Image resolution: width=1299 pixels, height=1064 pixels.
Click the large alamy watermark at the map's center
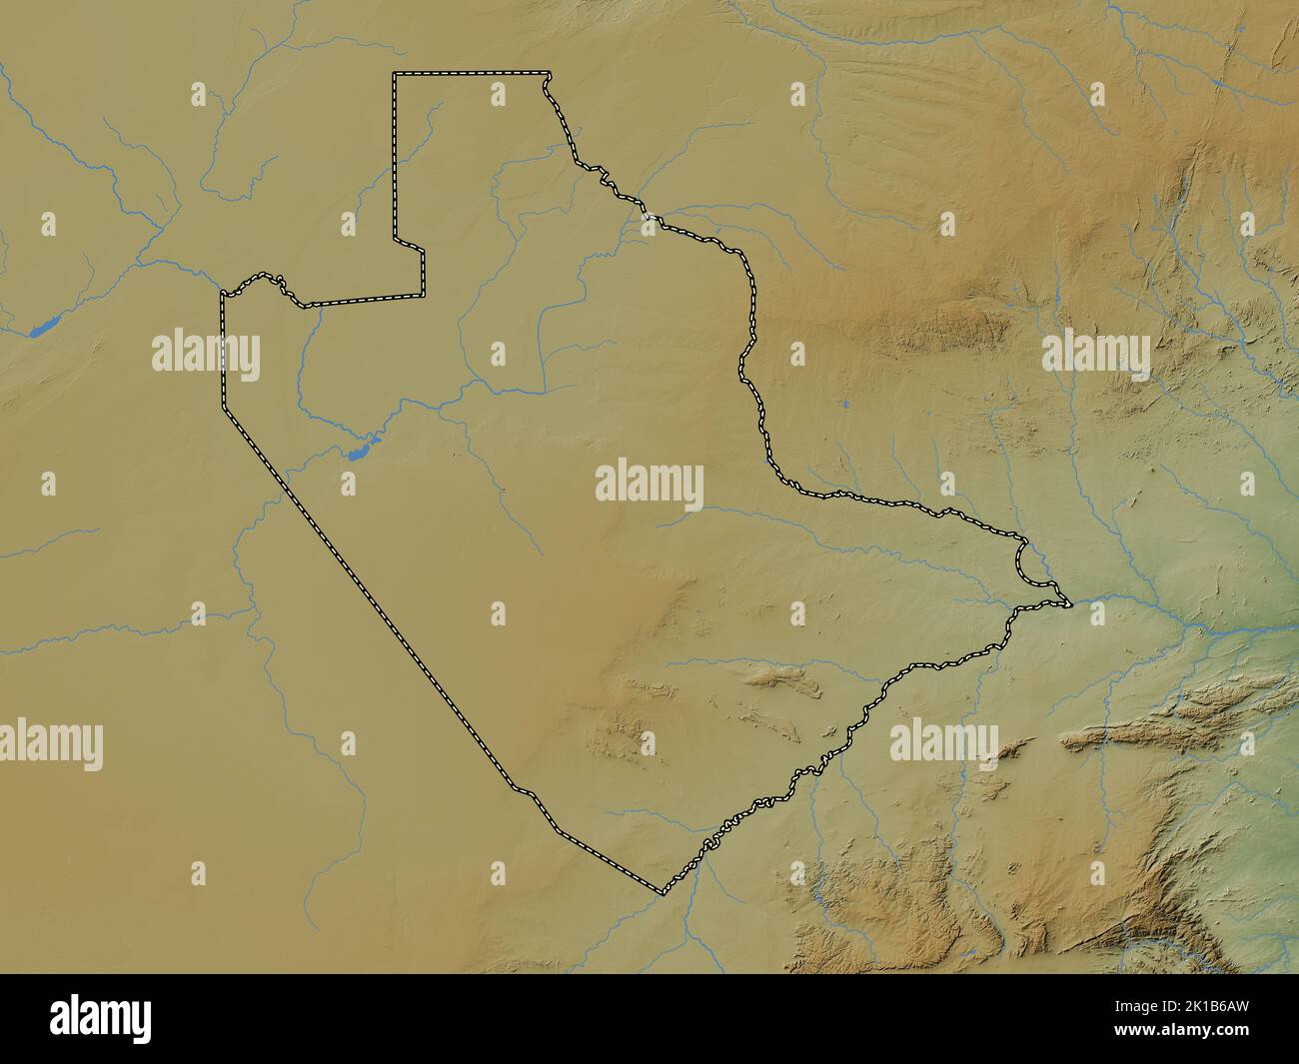(x=649, y=486)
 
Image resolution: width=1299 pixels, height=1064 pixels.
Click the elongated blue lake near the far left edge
(x=42, y=326)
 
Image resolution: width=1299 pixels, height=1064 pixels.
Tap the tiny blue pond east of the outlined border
(x=844, y=405)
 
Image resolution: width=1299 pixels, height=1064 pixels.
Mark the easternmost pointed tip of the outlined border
(x=1069, y=604)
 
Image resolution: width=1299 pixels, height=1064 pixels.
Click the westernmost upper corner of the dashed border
(x=222, y=294)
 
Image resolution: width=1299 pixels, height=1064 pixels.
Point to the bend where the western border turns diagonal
(x=224, y=407)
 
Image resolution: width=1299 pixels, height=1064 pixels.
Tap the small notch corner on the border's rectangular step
(x=423, y=251)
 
